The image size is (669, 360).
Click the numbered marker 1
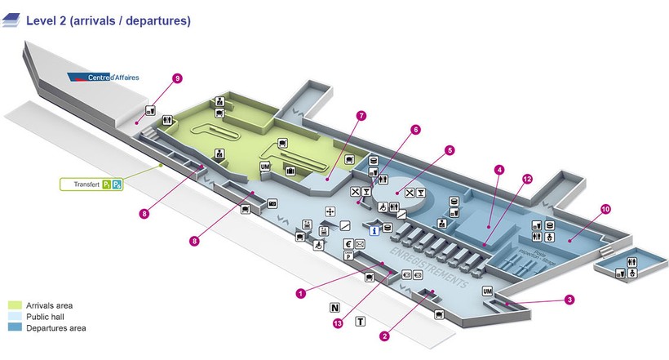click(301, 292)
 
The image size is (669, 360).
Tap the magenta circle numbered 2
click(383, 335)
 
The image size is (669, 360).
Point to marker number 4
click(499, 170)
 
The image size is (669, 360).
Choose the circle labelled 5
click(450, 150)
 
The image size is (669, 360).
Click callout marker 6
click(415, 129)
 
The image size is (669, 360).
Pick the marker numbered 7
click(360, 115)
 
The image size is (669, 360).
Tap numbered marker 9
click(177, 78)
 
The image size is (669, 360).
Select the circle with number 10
click(605, 208)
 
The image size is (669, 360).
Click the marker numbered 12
click(527, 178)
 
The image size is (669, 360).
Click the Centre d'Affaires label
click(103, 78)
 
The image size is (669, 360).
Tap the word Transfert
click(86, 185)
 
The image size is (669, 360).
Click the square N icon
click(334, 308)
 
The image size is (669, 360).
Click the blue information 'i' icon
click(374, 231)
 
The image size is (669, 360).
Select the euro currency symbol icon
click(348, 243)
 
